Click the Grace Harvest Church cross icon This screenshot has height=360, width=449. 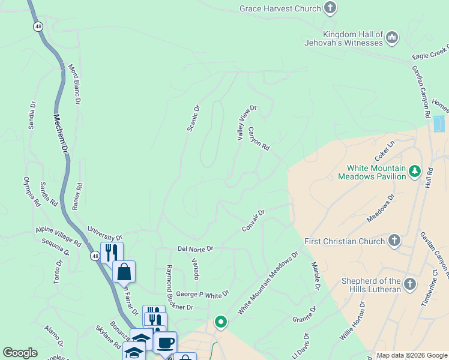click(x=330, y=8)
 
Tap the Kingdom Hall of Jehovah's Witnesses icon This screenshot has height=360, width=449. click(x=393, y=38)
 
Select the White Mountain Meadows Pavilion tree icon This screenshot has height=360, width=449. click(x=414, y=172)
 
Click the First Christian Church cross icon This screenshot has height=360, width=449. click(x=394, y=241)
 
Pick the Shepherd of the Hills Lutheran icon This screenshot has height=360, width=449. click(x=409, y=284)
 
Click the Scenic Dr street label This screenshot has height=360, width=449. click(x=193, y=118)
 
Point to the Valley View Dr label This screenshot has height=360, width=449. click(x=246, y=123)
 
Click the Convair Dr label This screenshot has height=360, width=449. click(x=253, y=222)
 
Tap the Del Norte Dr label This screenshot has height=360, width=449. click(x=195, y=248)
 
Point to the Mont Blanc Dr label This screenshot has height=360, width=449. click(x=74, y=85)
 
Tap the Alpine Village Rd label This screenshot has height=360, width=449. click(x=58, y=237)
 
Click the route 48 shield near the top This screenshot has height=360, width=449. click(x=38, y=26)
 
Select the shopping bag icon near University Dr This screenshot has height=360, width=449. click(x=124, y=272)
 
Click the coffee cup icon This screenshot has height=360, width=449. click(x=165, y=343)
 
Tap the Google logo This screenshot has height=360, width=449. click(x=20, y=353)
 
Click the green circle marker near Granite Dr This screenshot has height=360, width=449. click(x=221, y=322)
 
